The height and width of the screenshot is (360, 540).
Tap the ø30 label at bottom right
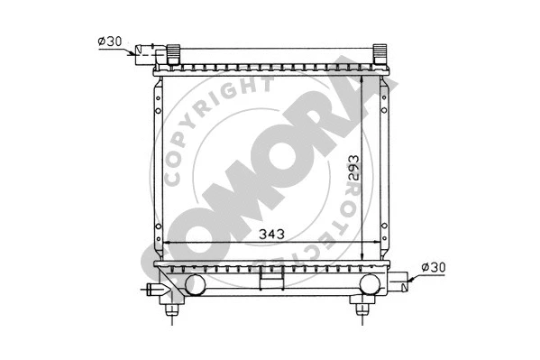coord(433,267)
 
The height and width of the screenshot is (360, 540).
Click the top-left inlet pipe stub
coord(145,51)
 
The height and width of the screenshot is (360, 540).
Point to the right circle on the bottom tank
coord(369,284)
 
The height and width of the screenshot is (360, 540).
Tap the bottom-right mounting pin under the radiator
coord(362,308)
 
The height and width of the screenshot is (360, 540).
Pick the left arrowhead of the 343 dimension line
coord(165,244)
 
